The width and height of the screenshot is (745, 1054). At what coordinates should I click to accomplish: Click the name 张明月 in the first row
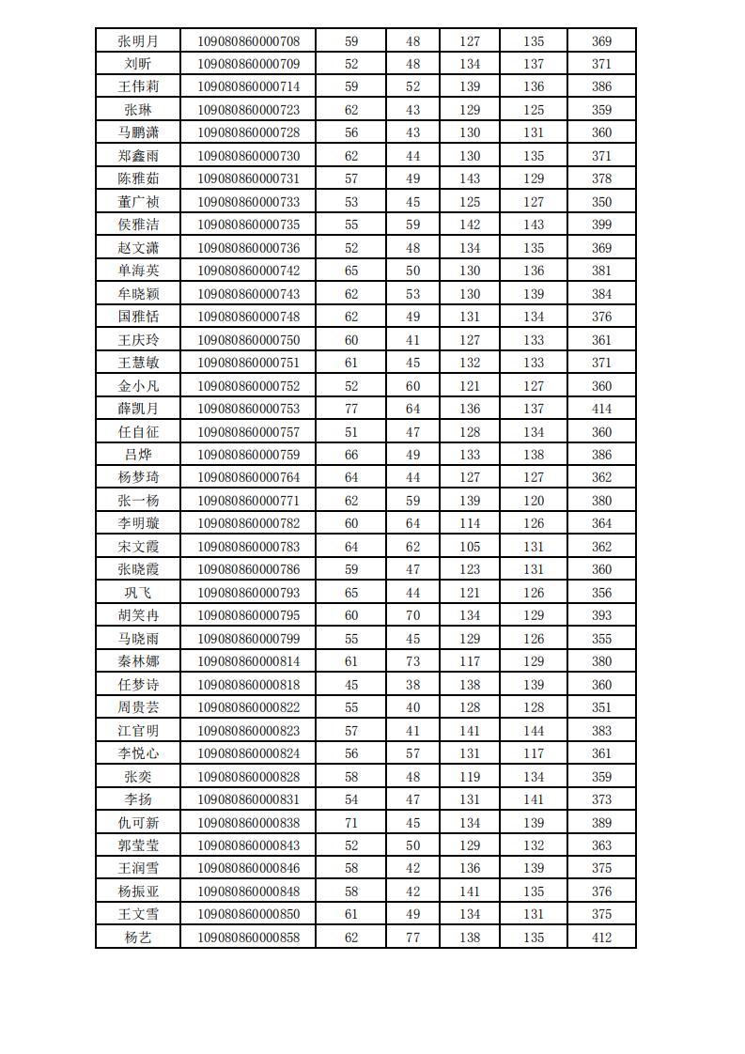[137, 41]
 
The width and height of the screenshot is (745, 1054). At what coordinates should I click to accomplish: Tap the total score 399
[601, 225]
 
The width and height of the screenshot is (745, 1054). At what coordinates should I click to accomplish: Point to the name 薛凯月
[137, 409]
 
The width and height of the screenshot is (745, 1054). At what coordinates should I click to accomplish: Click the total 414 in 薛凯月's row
[601, 409]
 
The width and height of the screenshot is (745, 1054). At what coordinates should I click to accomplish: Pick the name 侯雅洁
[137, 225]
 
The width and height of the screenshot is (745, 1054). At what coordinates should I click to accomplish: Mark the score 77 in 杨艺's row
[412, 938]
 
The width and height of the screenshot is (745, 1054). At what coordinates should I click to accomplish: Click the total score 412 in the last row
[601, 938]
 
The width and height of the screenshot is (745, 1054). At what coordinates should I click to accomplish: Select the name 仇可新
[137, 822]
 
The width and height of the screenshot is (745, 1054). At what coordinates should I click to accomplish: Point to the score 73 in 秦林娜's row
[412, 661]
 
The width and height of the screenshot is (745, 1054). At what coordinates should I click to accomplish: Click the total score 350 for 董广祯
[601, 202]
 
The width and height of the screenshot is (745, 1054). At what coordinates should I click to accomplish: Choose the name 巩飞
[137, 593]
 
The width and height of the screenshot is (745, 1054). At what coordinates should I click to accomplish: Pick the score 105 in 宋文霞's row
[469, 547]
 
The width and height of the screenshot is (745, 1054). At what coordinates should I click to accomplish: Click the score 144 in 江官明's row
[534, 730]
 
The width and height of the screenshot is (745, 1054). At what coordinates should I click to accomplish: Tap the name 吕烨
[137, 455]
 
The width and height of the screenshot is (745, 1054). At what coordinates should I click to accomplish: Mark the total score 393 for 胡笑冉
[601, 615]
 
